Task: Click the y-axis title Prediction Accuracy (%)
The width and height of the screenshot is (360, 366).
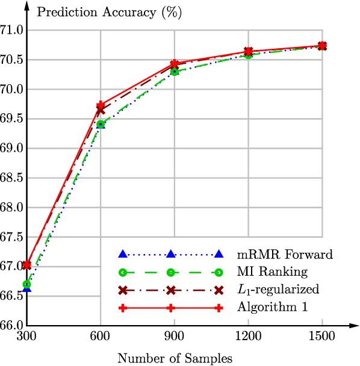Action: click(x=102, y=11)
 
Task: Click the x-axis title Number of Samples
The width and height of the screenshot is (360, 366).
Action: click(x=175, y=359)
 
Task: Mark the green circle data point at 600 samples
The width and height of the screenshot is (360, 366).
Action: click(x=101, y=125)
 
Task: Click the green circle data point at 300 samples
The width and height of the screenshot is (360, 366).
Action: click(x=26, y=284)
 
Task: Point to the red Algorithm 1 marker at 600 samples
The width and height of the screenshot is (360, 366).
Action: click(x=101, y=105)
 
